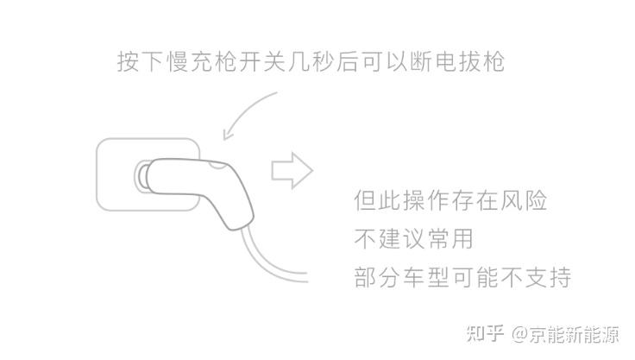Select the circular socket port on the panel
(140, 177)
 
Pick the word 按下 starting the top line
(139, 62)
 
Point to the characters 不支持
(538, 276)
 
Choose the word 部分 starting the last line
(375, 276)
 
